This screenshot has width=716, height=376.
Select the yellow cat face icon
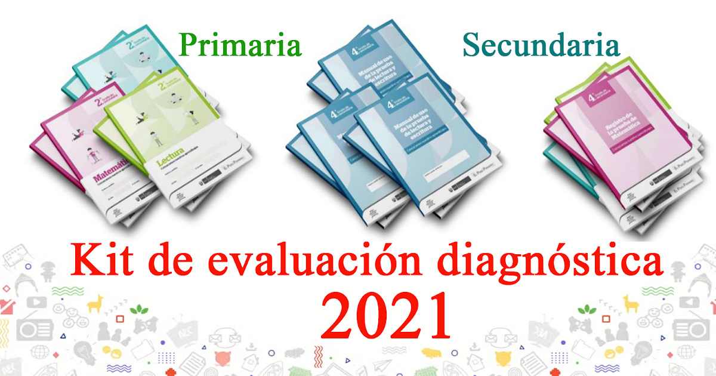(x=505, y=359)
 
